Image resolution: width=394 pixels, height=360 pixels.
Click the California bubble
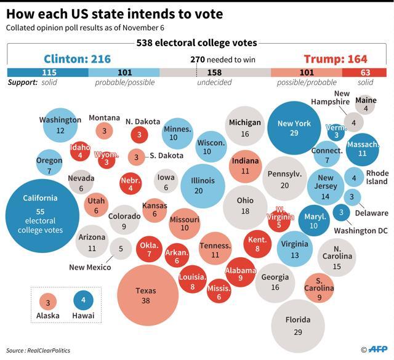tap(42, 216)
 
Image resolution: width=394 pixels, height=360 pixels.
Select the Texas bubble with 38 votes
tap(148, 295)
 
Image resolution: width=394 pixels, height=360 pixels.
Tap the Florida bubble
tap(298, 326)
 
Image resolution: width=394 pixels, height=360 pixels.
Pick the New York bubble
tap(294, 128)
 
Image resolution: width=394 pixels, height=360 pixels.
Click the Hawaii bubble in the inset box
tap(83, 300)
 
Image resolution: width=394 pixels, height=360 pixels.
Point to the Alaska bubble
tap(48, 302)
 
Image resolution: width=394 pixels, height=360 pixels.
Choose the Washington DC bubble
tap(341, 212)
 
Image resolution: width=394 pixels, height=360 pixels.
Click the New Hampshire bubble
tap(353, 122)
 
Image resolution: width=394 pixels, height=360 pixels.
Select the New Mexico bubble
tap(121, 249)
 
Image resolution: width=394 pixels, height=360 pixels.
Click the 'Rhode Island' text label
tap(377, 177)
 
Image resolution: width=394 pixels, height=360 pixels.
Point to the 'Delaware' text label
tap(372, 214)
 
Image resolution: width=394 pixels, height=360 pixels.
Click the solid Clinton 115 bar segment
tap(48, 73)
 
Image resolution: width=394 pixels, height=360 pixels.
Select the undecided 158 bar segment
tap(215, 73)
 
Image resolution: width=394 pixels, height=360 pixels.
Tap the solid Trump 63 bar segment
tap(364, 73)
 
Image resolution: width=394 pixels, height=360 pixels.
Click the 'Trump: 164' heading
tap(336, 59)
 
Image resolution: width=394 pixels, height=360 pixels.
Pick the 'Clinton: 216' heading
tap(77, 59)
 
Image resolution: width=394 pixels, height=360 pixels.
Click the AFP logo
tap(377, 350)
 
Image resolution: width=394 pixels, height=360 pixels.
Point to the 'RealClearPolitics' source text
tap(49, 350)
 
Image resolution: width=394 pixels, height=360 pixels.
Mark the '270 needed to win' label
tap(223, 60)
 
